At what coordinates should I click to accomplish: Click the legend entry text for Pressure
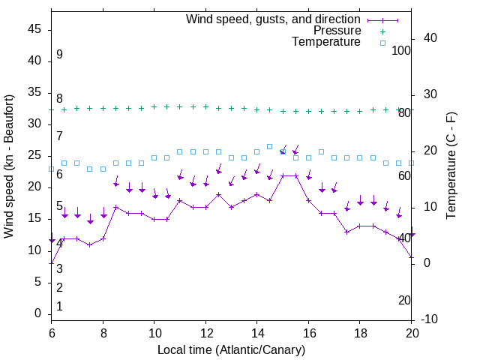pyautogui.click(x=337, y=31)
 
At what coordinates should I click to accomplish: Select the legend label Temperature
pyautogui.click(x=326, y=42)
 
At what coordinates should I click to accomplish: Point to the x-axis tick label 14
pyautogui.click(x=256, y=334)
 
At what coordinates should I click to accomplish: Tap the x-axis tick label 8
pyautogui.click(x=103, y=334)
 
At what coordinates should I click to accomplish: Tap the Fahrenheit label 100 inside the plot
pyautogui.click(x=401, y=51)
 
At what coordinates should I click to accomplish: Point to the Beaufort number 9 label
pyautogui.click(x=59, y=55)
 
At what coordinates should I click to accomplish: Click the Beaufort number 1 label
pyautogui.click(x=59, y=307)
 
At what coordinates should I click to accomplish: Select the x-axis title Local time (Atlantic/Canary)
pyautogui.click(x=231, y=350)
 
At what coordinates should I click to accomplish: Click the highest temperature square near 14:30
pyautogui.click(x=270, y=146)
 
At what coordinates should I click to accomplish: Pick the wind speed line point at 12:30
pyautogui.click(x=218, y=194)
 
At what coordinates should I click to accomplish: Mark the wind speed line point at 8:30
pyautogui.click(x=115, y=207)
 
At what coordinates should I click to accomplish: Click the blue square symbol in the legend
pyautogui.click(x=382, y=43)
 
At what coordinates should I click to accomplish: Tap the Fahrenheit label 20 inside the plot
pyautogui.click(x=404, y=300)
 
